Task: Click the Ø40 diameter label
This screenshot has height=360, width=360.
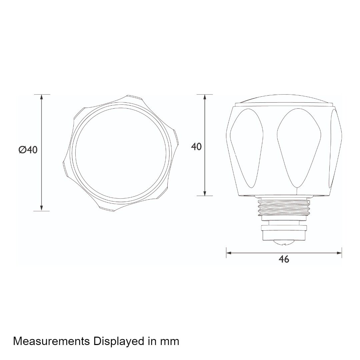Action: pyautogui.click(x=28, y=150)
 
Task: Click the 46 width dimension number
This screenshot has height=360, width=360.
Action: pyautogui.click(x=284, y=259)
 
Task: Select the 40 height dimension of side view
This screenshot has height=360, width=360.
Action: pyautogui.click(x=196, y=146)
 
